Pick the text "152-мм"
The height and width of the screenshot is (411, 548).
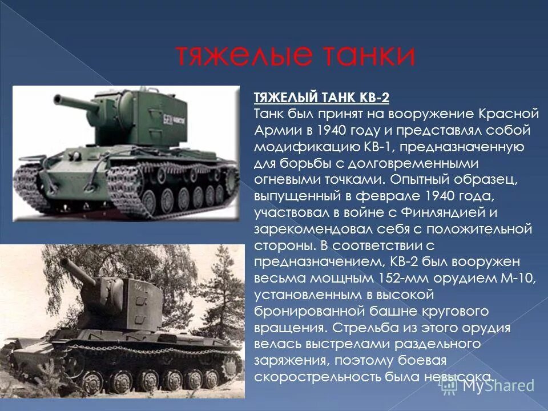398,279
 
